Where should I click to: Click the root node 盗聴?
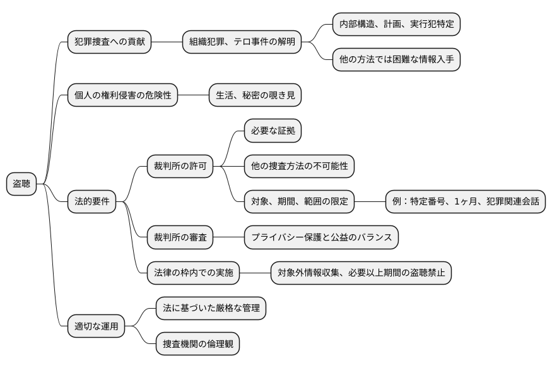tap(21, 184)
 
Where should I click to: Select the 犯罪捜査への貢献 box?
tap(109, 43)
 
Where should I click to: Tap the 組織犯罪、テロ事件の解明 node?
tap(242, 43)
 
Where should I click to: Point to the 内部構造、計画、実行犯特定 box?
tap(396, 25)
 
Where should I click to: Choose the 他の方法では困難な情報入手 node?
tap(396, 61)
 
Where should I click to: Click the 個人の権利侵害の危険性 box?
tap(122, 96)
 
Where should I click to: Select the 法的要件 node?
tap(92, 203)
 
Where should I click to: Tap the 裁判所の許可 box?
tap(180, 167)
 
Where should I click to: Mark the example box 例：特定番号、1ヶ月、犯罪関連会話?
tap(466, 203)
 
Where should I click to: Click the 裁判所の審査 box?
tap(180, 238)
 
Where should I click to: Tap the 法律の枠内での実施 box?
tap(193, 273)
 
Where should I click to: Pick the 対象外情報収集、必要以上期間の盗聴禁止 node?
tap(361, 273)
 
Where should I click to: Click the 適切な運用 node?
tap(96, 327)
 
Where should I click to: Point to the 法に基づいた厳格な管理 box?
tap(211, 309)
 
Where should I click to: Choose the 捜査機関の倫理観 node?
tap(197, 345)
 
